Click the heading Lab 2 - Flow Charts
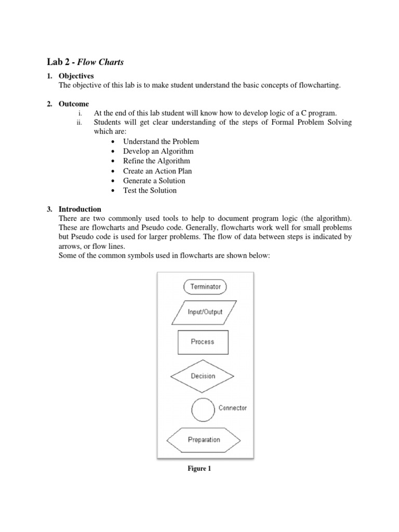tap(86, 62)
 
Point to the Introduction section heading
tap(79, 209)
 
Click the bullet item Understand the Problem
tap(161, 141)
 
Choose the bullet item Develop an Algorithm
tap(158, 151)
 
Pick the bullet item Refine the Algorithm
tap(156, 161)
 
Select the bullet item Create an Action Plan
tap(157, 171)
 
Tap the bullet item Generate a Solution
tap(154, 181)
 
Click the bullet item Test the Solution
tap(150, 191)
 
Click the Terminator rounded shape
tap(205, 286)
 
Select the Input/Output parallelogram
tap(205, 312)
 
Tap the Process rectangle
tap(203, 342)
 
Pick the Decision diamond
tap(203, 376)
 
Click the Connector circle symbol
tap(203, 410)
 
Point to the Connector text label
tap(232, 408)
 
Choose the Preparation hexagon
tap(203, 440)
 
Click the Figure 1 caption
tap(199, 469)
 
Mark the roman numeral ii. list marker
tap(79, 123)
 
